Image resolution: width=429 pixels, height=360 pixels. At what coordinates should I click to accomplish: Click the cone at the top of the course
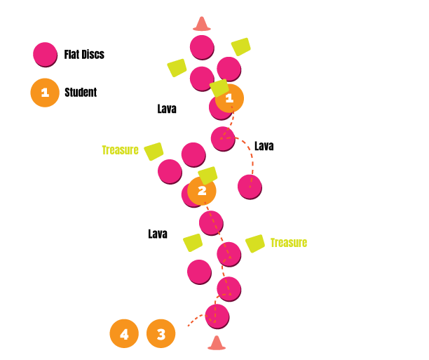[x=202, y=25]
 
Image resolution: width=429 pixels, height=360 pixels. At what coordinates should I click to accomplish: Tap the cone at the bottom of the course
[x=217, y=343]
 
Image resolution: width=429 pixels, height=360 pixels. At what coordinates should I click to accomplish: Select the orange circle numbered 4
[x=124, y=333]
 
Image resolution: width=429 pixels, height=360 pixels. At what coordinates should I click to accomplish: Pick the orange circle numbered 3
[x=161, y=333]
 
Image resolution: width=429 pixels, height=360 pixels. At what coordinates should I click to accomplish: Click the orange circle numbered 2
[x=202, y=191]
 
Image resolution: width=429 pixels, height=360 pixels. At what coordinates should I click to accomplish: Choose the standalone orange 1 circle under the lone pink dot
[x=45, y=93]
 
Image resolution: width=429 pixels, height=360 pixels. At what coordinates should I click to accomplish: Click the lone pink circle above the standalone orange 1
[x=45, y=54]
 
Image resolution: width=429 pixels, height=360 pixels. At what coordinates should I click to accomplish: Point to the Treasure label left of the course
[x=120, y=150]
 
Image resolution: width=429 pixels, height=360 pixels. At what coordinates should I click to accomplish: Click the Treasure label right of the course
[x=288, y=243]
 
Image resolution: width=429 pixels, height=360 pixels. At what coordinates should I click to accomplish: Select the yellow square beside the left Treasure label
[x=154, y=152]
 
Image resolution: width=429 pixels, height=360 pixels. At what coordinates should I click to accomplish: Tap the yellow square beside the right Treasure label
[x=255, y=244]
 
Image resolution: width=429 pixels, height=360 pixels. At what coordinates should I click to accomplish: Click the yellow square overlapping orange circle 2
[x=207, y=175]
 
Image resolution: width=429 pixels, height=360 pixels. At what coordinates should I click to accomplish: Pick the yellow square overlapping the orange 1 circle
[x=219, y=88]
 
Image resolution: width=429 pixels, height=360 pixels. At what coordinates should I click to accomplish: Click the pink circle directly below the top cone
[x=202, y=47]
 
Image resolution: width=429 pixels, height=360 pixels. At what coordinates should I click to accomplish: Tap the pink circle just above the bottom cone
[x=217, y=316]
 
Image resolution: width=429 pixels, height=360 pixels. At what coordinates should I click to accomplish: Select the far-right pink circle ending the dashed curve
[x=250, y=186]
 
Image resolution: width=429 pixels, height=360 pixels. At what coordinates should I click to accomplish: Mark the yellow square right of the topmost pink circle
[x=241, y=46]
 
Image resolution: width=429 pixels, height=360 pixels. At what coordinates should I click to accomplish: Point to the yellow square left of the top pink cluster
[x=177, y=67]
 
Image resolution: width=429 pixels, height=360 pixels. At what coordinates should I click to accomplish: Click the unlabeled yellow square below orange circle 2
[x=193, y=242]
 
